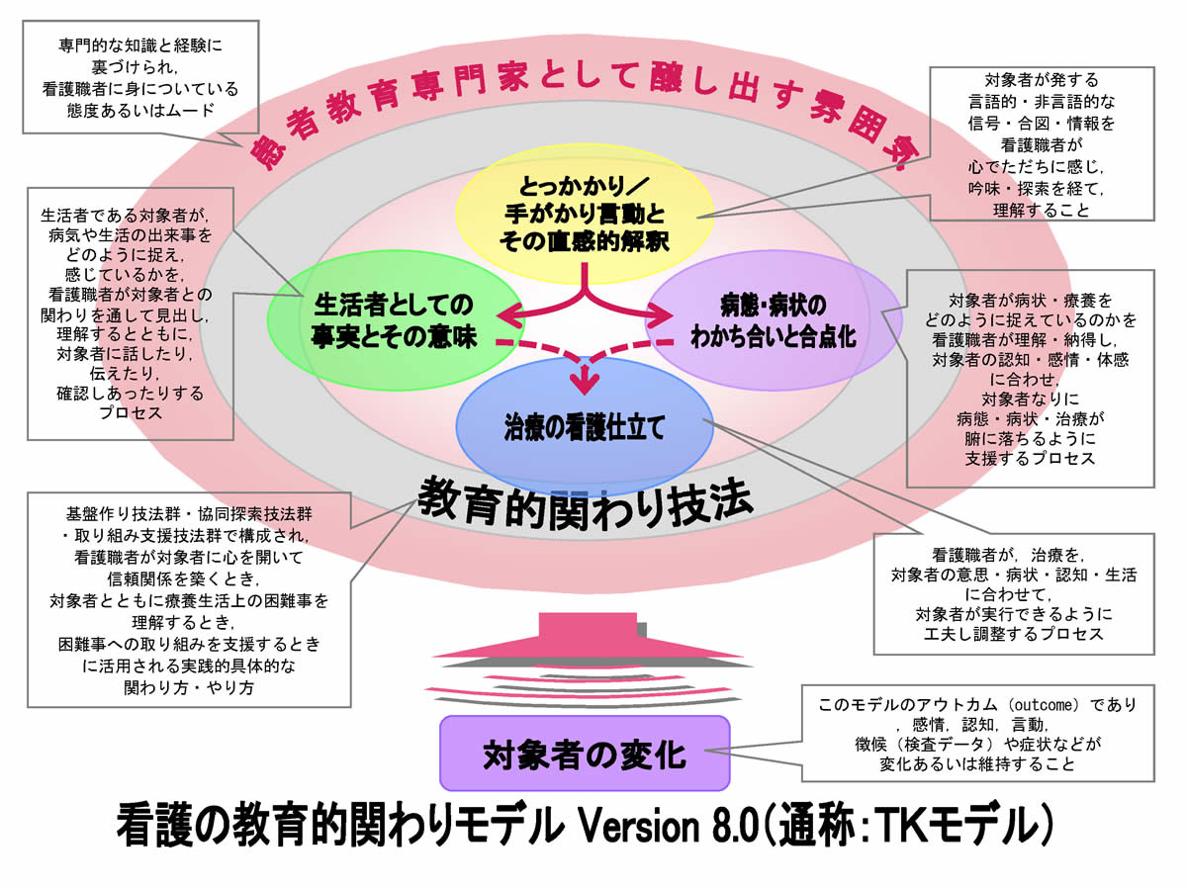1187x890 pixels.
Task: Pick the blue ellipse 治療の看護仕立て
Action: click(584, 426)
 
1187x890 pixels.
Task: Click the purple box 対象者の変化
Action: click(584, 755)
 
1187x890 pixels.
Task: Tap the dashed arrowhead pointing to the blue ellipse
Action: click(587, 379)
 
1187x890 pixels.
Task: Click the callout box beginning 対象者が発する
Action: click(1043, 144)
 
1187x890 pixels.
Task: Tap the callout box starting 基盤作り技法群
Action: click(188, 599)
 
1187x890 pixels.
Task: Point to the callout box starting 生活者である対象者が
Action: click(130, 312)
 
